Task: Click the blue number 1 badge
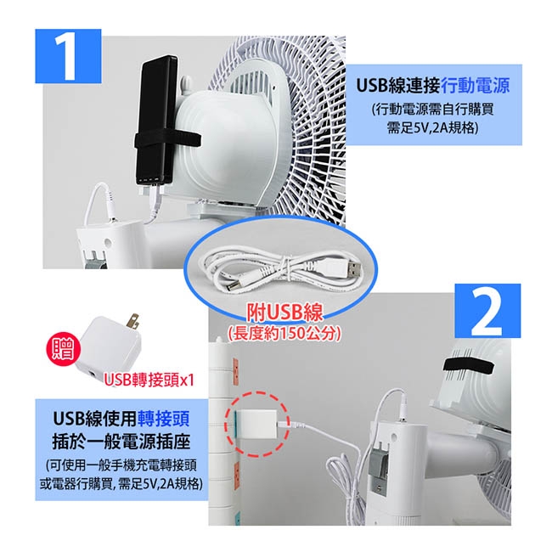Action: (x=68, y=56)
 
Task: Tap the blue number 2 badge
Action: (x=487, y=311)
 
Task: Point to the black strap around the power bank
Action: (x=167, y=140)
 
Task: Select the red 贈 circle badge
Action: (x=64, y=348)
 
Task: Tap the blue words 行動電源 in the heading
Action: (x=475, y=86)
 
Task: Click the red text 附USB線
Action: (x=284, y=312)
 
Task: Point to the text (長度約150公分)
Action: (x=284, y=333)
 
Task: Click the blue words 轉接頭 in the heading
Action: (x=164, y=419)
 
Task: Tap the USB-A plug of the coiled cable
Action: (x=348, y=268)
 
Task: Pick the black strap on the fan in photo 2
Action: (x=468, y=367)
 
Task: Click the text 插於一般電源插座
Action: (x=121, y=442)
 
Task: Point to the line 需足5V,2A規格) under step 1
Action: (x=432, y=127)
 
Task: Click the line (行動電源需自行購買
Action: (x=432, y=110)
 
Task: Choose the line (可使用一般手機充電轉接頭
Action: (x=121, y=465)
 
